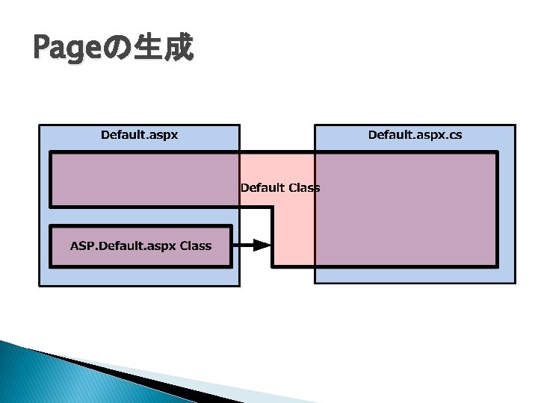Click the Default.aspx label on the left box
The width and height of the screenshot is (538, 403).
pos(139,135)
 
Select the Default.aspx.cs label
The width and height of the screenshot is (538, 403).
pos(415,135)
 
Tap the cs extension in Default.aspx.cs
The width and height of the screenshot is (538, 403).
pos(454,135)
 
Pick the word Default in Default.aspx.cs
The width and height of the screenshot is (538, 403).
pos(390,135)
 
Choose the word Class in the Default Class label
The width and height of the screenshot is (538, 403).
pos(303,187)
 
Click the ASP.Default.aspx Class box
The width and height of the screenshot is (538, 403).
pos(140,246)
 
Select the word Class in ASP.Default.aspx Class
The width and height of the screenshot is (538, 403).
pos(195,246)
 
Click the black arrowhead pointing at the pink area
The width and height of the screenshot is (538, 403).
pos(261,245)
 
